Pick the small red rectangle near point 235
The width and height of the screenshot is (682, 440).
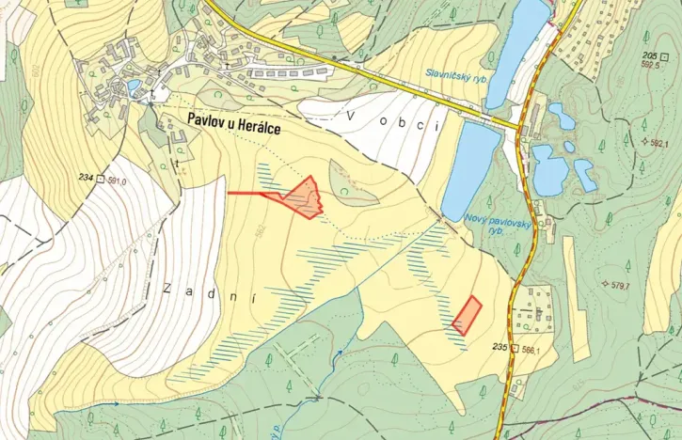[x=467, y=315]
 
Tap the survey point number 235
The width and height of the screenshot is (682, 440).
[x=499, y=348]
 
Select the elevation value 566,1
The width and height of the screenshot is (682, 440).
[x=531, y=349]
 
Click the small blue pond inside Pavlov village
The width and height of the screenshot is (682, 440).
[x=135, y=86]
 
